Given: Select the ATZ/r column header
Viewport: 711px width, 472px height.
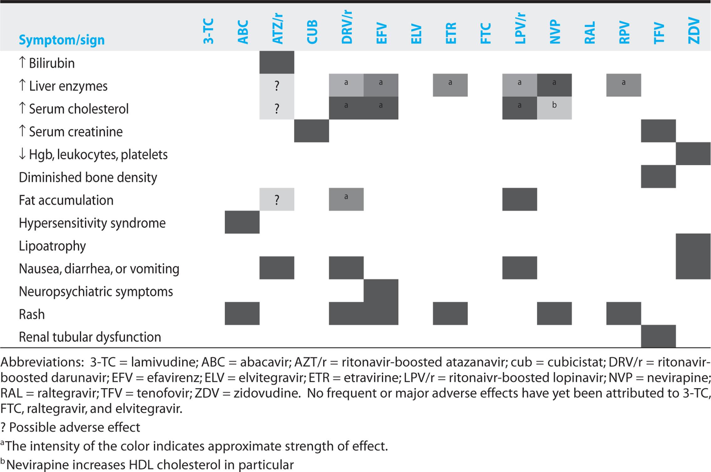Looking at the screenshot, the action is pos(277,29).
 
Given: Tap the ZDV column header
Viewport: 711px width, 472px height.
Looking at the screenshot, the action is pos(694,30).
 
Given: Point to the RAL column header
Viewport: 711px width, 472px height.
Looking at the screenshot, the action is pos(589,33).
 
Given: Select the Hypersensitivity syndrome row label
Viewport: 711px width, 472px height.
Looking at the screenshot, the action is pos(92,223).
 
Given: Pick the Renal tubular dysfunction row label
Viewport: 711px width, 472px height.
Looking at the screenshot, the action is pos(90,337).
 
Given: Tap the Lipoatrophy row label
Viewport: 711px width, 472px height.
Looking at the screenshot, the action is pos(52,246).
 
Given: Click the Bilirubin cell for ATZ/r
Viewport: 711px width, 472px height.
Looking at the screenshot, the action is pos(277,62).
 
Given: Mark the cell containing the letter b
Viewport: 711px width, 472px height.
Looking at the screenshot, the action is pos(554,108).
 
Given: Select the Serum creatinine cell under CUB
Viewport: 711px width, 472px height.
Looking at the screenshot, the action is pos(311,131).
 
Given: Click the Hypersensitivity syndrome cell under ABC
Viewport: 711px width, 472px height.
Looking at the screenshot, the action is pos(242,222).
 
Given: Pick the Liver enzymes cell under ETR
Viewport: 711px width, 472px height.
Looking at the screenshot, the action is pos(450,85).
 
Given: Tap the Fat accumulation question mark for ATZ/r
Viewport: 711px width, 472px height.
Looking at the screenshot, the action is pos(277,200).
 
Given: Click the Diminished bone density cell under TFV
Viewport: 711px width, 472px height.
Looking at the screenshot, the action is pos(658,177).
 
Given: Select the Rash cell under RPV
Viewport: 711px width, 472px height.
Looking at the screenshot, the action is pos(624,313).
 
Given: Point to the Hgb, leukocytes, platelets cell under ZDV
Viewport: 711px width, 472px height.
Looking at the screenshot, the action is pos(693,154).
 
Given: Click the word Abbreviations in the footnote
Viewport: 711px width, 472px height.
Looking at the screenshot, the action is pos(42,362).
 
